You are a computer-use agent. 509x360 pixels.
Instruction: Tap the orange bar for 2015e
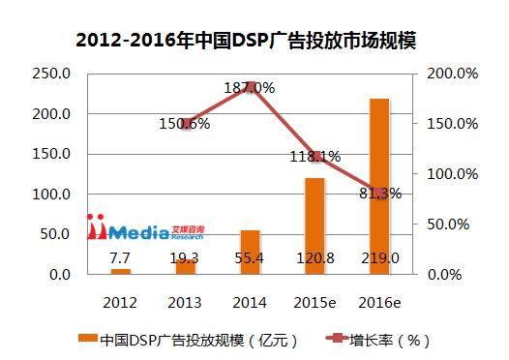tap(315, 225)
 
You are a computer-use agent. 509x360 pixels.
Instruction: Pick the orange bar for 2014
tap(250, 252)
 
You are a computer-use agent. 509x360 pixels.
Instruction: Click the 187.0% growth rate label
tap(250, 88)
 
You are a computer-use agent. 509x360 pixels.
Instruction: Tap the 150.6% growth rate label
tap(184, 123)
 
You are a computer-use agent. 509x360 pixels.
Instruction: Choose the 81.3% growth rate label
tap(380, 193)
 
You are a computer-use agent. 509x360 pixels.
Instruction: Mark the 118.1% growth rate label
tap(315, 156)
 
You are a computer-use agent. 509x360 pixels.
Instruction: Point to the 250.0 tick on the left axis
tap(50, 74)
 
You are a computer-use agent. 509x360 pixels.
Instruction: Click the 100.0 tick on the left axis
tap(50, 195)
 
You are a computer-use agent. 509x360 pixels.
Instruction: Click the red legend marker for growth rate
tap(326, 340)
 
